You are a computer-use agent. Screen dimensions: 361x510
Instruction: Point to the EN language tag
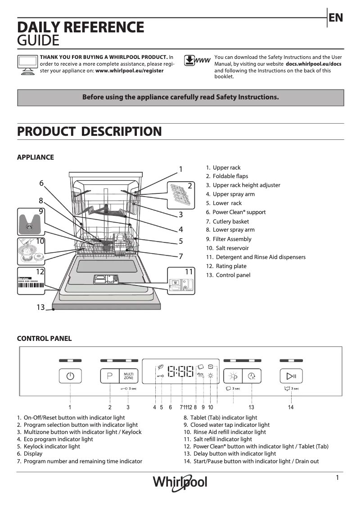[336, 18]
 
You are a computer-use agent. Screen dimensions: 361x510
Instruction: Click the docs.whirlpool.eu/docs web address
[313, 64]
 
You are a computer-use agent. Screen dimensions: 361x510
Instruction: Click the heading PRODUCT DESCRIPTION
[89, 132]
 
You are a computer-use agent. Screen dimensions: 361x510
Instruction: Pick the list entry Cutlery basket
[230, 221]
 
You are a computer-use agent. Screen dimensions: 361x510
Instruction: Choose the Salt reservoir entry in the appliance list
[232, 248]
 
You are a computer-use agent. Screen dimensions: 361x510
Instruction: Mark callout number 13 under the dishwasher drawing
[41, 307]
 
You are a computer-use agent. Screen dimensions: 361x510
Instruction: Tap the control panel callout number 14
[291, 407]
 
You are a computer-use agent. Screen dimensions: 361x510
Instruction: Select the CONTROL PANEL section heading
[44, 339]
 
